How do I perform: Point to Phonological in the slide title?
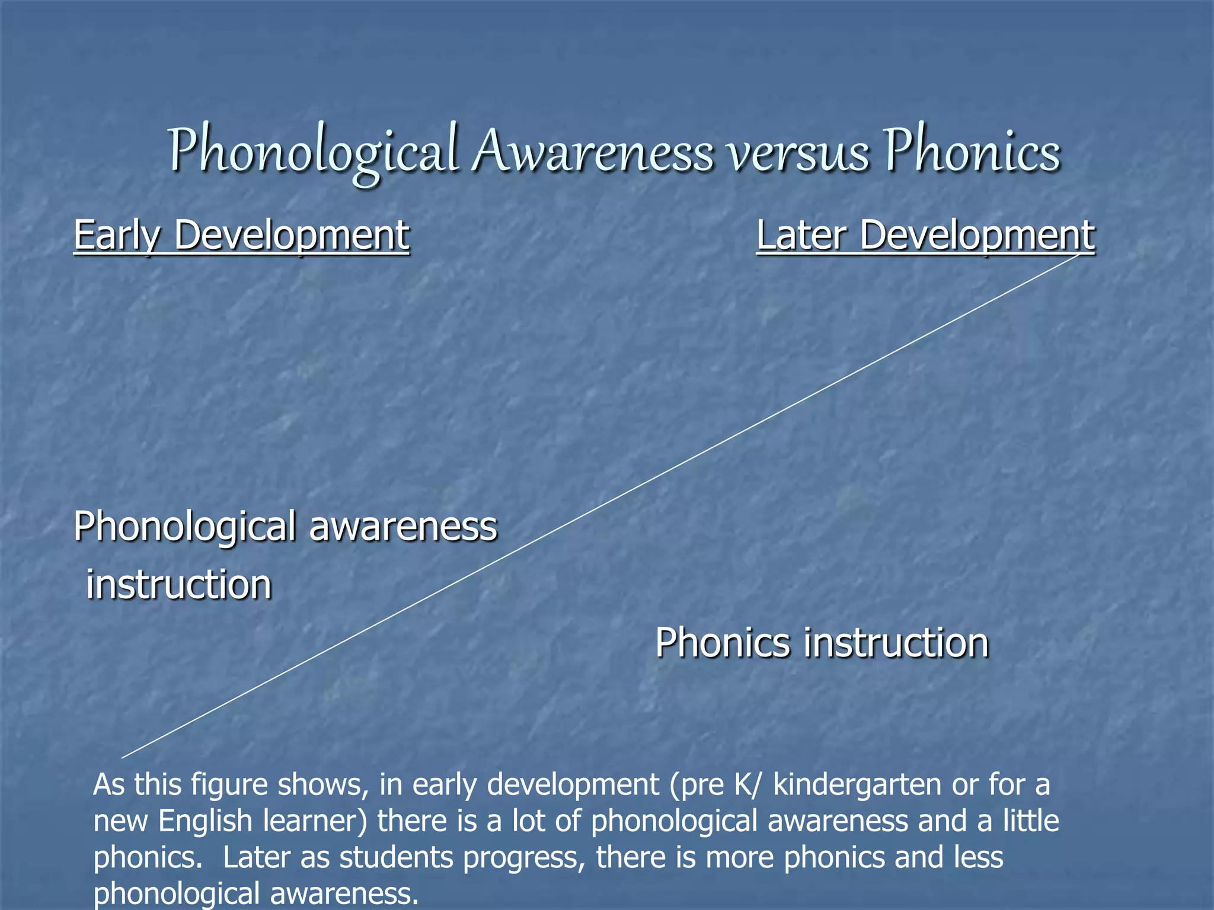pyautogui.click(x=314, y=153)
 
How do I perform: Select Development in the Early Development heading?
pyautogui.click(x=291, y=236)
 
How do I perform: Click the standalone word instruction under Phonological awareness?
pyautogui.click(x=179, y=585)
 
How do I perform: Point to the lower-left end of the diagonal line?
pyautogui.click(x=122, y=758)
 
